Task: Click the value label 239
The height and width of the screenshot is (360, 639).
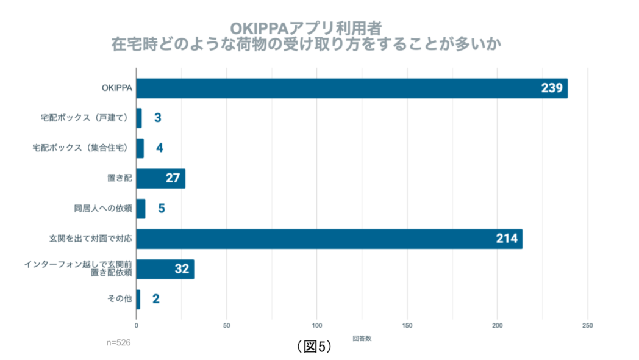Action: pos(551,88)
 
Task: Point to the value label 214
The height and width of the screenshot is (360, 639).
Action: pos(506,239)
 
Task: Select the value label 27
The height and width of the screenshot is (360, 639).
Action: pos(172,178)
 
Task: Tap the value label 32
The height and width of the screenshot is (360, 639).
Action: pos(181,268)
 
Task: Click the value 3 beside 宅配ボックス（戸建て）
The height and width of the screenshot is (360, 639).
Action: pos(157,118)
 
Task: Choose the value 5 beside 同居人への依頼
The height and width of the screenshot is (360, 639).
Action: pos(161,209)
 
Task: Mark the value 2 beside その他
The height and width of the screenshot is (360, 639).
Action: pos(156,299)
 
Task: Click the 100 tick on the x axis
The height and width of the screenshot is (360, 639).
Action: pos(317,325)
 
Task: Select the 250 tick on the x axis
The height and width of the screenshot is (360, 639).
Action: pos(588,325)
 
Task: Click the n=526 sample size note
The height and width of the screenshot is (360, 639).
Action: pos(118,342)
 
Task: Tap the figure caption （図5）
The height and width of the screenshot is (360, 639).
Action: pos(314,346)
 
